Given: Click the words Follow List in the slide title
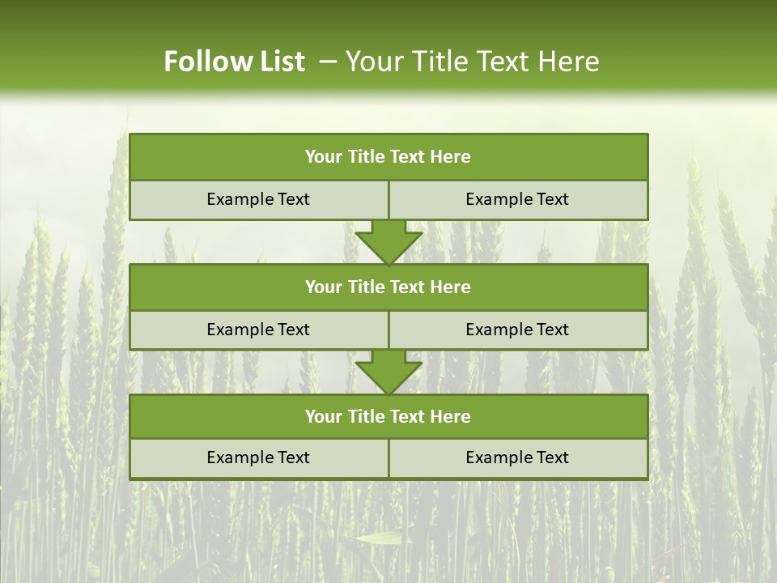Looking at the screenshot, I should point(234,62).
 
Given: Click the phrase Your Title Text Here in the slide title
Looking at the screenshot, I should point(472,62).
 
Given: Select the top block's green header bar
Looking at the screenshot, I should point(388,157).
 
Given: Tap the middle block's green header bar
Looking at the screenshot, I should point(388,287).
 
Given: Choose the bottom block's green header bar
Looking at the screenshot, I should point(388,416).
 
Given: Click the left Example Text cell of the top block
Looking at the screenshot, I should point(258,199).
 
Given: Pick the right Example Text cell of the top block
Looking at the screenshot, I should point(517,199).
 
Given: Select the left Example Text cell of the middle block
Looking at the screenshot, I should point(258,330).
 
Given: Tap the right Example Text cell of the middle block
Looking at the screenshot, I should point(517,330).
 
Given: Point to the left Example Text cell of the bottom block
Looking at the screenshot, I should point(258,457).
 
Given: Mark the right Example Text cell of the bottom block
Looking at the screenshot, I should point(517,457).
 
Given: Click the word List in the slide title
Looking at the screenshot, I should point(277,62).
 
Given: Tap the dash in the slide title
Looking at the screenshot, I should point(329,62).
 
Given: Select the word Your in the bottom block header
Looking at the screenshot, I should point(324,416).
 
